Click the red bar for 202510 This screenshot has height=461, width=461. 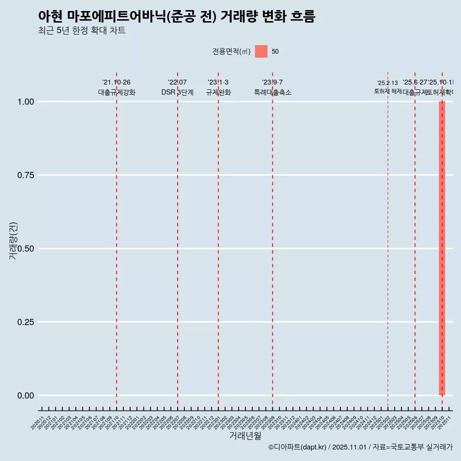[x=442, y=248]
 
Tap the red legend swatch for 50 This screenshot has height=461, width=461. [x=261, y=51]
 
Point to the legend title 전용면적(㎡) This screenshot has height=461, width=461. [x=231, y=52]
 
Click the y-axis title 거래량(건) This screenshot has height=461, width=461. [x=13, y=241]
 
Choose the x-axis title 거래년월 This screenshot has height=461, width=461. [x=245, y=436]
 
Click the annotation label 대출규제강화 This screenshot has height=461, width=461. [x=117, y=93]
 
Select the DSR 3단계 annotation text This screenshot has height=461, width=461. [x=177, y=93]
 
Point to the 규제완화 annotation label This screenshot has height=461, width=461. [x=218, y=93]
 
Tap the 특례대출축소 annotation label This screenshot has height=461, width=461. [x=273, y=93]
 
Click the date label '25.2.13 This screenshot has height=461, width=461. [x=387, y=83]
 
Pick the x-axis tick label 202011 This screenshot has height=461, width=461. [x=38, y=423]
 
